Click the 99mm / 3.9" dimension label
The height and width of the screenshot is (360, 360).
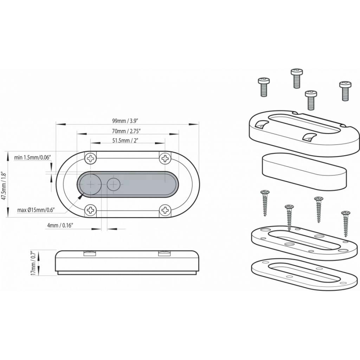(x=126, y=121)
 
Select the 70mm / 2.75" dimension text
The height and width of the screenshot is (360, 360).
(x=126, y=131)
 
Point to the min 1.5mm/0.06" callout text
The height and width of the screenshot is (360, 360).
(x=32, y=157)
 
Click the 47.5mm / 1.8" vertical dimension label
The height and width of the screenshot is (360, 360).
(x=4, y=185)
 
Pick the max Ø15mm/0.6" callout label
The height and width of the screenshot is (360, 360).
(x=36, y=210)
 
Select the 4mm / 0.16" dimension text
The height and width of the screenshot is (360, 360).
(x=60, y=225)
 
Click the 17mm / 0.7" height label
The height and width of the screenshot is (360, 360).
(x=33, y=263)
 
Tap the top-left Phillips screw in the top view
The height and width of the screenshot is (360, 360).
(x=91, y=158)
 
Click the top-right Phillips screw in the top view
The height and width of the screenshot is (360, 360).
(x=165, y=158)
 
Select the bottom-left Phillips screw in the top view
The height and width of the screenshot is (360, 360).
(x=91, y=210)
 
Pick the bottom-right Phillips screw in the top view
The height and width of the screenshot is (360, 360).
(x=165, y=210)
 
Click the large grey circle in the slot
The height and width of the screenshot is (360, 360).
(x=90, y=184)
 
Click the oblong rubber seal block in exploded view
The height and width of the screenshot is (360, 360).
(x=304, y=172)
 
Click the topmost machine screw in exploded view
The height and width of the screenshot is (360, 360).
(x=297, y=78)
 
